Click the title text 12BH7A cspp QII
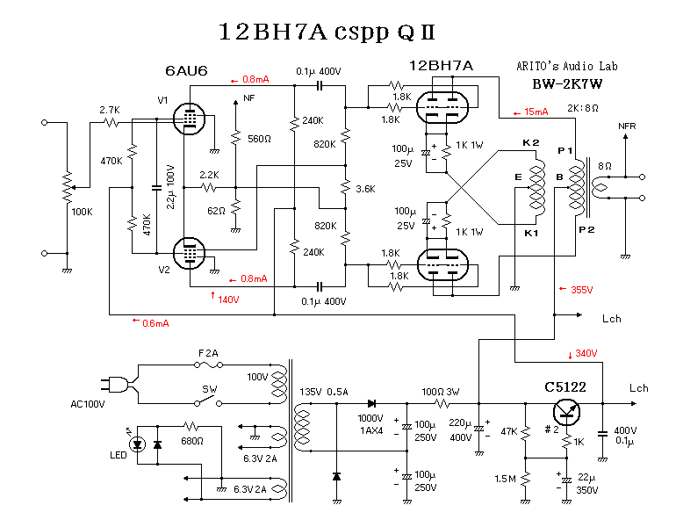pyautogui.click(x=327, y=32)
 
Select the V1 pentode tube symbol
pyautogui.click(x=187, y=119)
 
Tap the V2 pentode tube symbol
pyautogui.click(x=187, y=253)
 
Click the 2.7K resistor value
pyautogui.click(x=109, y=110)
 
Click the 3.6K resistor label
pyautogui.click(x=365, y=189)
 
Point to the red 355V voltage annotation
pyautogui.click(x=582, y=289)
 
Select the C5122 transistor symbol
pyautogui.click(x=567, y=414)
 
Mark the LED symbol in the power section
pyautogui.click(x=137, y=444)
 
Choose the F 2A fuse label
pyautogui.click(x=208, y=352)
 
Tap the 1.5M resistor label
pyautogui.click(x=504, y=479)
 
